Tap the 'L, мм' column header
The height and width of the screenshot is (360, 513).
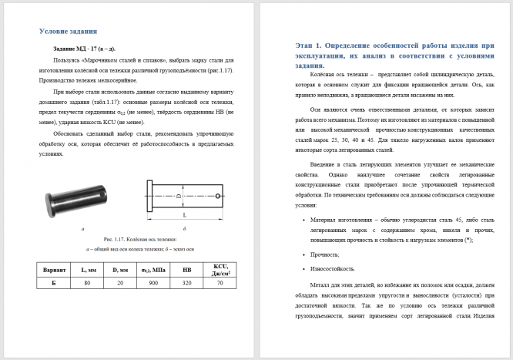88,269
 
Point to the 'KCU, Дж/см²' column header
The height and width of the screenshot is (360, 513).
221,269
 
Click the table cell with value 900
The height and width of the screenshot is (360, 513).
153,283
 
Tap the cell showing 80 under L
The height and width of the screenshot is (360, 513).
88,283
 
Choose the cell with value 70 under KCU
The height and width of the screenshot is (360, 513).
221,283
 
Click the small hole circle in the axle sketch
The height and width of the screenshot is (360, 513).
218,195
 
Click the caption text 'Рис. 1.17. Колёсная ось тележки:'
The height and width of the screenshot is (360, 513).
139,239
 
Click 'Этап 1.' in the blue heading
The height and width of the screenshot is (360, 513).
312,46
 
